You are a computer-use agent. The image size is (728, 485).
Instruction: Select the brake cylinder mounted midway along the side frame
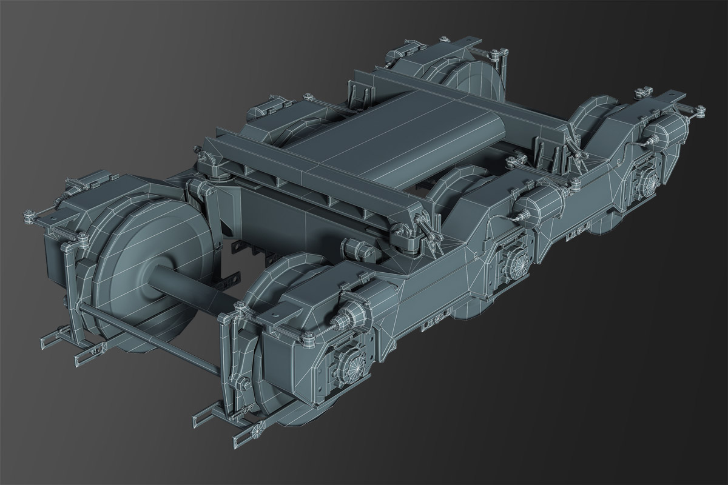[534, 209]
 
